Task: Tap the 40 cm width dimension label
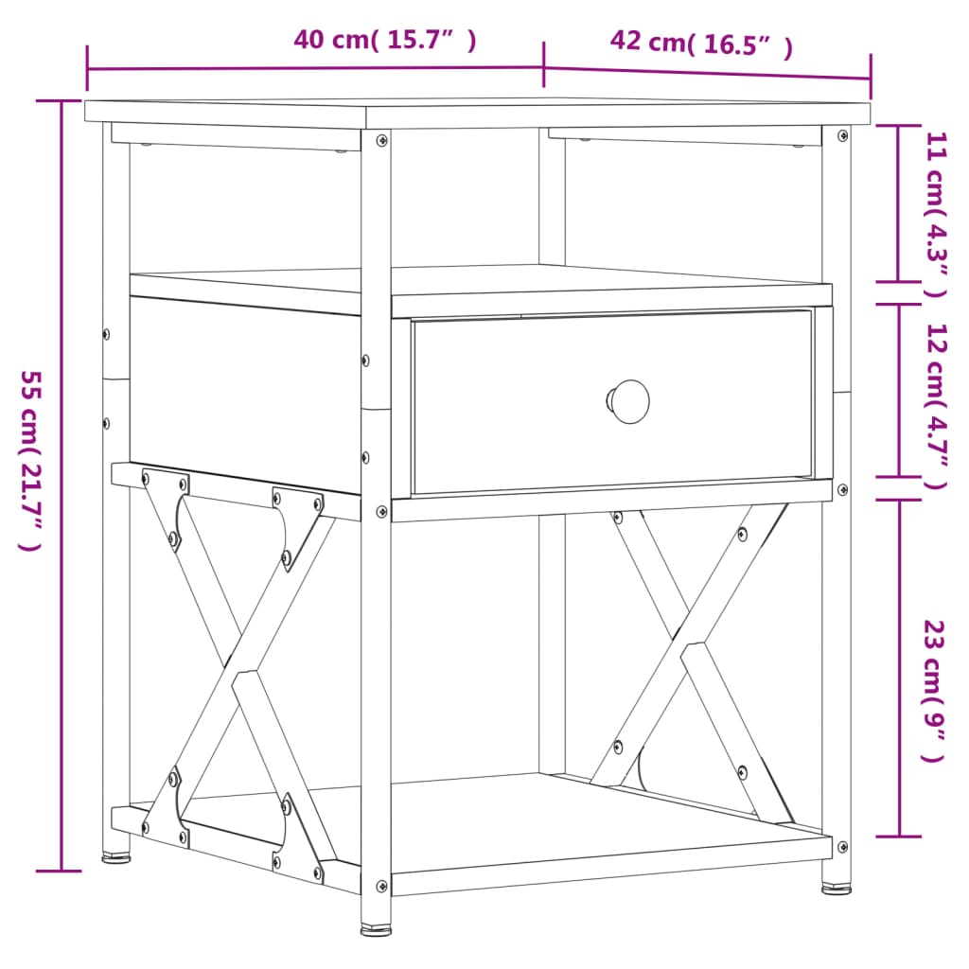click(x=384, y=40)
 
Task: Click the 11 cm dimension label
click(x=935, y=215)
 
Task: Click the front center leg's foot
click(x=376, y=928)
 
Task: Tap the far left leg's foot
click(x=116, y=859)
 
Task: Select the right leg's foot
click(x=836, y=889)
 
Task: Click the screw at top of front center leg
click(x=381, y=140)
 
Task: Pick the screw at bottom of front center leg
click(x=381, y=887)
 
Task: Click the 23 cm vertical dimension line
click(x=899, y=668)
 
